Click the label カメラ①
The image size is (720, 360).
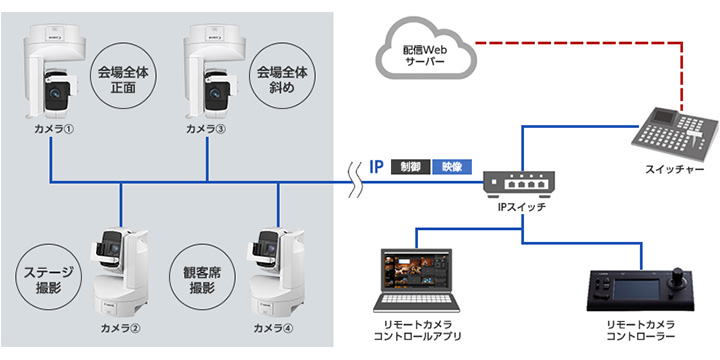(54, 129)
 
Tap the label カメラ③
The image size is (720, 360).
(206, 129)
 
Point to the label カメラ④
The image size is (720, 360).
(273, 329)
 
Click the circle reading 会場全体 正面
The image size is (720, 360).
(123, 79)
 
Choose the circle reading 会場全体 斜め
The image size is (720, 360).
(281, 79)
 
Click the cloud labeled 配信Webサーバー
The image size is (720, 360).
(426, 51)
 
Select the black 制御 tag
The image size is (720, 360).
(411, 167)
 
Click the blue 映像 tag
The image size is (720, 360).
(452, 167)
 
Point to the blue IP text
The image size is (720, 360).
(377, 167)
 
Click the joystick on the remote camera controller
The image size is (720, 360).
(677, 276)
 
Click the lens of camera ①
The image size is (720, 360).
(56, 92)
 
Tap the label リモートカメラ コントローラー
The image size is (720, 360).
(641, 331)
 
